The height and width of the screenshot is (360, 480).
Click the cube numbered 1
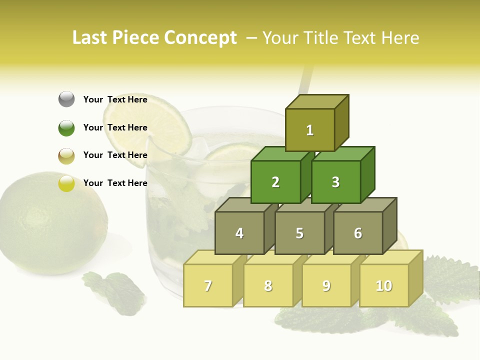click(310, 130)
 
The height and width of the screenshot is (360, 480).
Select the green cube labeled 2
click(275, 182)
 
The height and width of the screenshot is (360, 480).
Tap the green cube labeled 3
click(335, 182)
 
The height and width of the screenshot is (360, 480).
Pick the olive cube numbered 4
click(239, 233)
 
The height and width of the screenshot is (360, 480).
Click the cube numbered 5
click(299, 233)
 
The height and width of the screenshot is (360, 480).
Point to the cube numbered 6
click(358, 233)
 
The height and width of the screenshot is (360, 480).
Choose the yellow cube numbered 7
click(208, 285)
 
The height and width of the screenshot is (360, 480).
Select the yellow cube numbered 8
click(268, 285)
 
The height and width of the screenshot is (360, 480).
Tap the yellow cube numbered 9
click(326, 285)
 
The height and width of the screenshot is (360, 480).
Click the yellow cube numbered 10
click(384, 285)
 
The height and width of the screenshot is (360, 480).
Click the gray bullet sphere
click(66, 99)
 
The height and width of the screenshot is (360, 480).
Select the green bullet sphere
click(66, 127)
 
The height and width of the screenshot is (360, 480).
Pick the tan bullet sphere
click(66, 155)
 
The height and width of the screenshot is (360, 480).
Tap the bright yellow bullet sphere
click(66, 183)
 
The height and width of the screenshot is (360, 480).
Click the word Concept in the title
click(200, 38)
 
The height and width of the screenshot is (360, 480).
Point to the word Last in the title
click(91, 38)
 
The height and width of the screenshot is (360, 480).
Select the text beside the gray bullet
click(115, 99)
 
